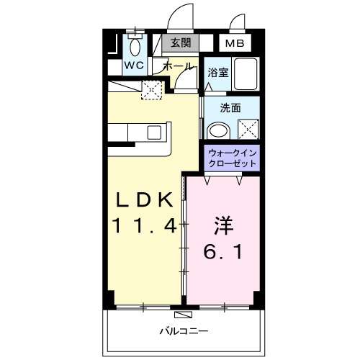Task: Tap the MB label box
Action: [x=235, y=44]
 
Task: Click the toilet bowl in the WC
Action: [x=135, y=45]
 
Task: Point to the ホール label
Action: [x=178, y=66]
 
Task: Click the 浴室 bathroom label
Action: [x=218, y=72]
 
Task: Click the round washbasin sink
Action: [x=217, y=130]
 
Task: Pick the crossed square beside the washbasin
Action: [x=247, y=130]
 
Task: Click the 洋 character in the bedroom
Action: [x=222, y=225]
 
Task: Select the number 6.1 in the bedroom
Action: [x=222, y=253]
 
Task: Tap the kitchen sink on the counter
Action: [x=153, y=132]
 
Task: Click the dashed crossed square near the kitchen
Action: [x=152, y=91]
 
